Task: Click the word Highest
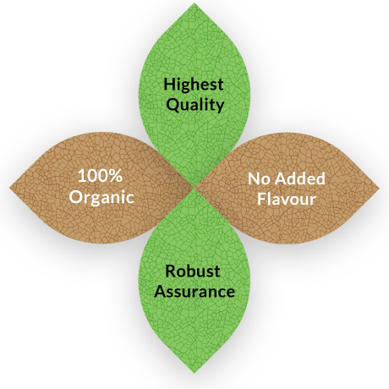(x=194, y=85)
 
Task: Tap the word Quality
(x=195, y=105)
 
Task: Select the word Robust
(x=193, y=271)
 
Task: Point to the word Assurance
(x=194, y=291)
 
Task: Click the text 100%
(x=100, y=176)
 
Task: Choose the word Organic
(x=101, y=197)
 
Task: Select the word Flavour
(x=287, y=199)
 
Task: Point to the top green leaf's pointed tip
(x=194, y=3)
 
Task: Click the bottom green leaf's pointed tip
(x=194, y=373)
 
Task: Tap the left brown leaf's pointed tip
(x=10, y=187)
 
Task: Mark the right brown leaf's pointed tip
(x=380, y=187)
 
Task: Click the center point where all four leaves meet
(x=194, y=187)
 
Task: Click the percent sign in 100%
(x=116, y=176)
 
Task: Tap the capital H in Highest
(x=169, y=85)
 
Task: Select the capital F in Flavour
(x=261, y=199)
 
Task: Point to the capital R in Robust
(x=171, y=271)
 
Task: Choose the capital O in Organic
(x=75, y=196)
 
